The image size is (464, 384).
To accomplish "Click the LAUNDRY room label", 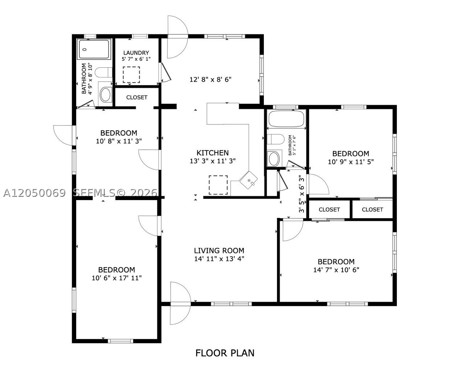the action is coord(136,53).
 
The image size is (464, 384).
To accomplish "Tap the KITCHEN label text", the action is coord(213,153).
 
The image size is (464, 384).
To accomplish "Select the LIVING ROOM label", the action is coord(219,251).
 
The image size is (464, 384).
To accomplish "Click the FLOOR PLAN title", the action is coord(225,353).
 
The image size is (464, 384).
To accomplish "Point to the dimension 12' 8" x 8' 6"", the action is coord(211,79).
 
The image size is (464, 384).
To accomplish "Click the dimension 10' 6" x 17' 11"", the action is coord(117,278).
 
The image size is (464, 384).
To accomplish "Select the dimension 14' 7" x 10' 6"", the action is coord(336,270).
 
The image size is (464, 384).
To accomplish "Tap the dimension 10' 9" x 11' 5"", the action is coord(351,162).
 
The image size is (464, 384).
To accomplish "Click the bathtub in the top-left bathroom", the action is coord(94,49).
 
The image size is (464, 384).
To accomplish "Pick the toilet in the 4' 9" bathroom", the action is coord(104,72).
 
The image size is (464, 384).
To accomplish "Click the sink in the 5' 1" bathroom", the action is coord(274,159).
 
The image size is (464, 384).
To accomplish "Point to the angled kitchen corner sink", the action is coord(249,180).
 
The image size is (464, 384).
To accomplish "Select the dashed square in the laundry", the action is coord(131,75).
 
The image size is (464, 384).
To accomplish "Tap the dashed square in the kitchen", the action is coord(218,185).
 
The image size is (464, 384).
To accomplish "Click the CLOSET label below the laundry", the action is coord(137,97).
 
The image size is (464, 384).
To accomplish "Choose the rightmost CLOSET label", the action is coord(372,210).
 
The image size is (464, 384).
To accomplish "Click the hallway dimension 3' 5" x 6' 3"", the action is coord(302,194).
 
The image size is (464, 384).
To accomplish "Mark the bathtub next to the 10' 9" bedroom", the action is coord(286,119).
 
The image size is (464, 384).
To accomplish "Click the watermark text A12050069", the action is coord(34,193).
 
